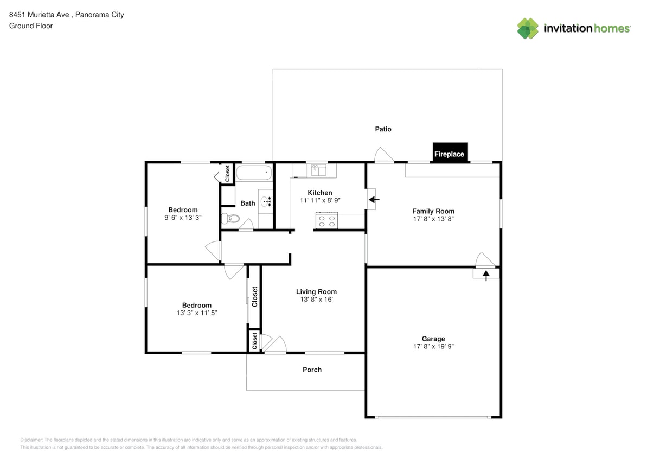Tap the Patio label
pyautogui.click(x=383, y=129)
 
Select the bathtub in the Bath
pyautogui.click(x=253, y=174)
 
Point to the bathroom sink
pyautogui.click(x=266, y=201)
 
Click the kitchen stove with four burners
pyautogui.click(x=326, y=221)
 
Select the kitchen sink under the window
pyautogui.click(x=318, y=170)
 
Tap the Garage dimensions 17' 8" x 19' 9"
pyautogui.click(x=433, y=347)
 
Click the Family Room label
pyautogui.click(x=433, y=211)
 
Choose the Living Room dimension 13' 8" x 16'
pyautogui.click(x=316, y=300)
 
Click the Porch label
pyautogui.click(x=312, y=370)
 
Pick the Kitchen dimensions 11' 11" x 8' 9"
pyautogui.click(x=319, y=200)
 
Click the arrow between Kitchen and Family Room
pyautogui.click(x=374, y=200)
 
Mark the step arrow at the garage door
pyautogui.click(x=486, y=275)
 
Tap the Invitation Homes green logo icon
pyautogui.click(x=527, y=28)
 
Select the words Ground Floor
pyautogui.click(x=31, y=26)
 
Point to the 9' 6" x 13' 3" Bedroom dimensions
pyautogui.click(x=183, y=218)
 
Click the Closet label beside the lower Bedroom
pyautogui.click(x=254, y=296)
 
